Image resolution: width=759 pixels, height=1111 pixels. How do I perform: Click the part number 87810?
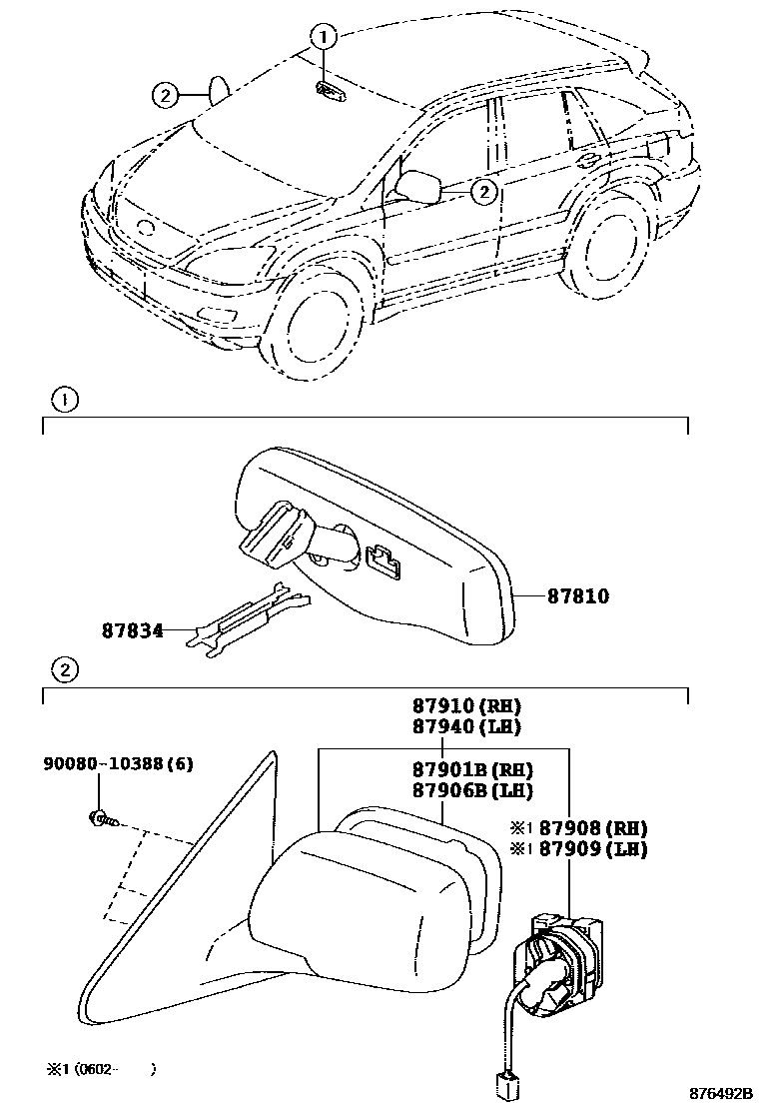click(x=577, y=596)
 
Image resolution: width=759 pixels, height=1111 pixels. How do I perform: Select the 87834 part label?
click(x=132, y=630)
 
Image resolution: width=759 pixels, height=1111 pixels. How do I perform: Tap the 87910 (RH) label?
click(x=467, y=706)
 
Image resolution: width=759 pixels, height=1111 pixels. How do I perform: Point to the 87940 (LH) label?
click(x=467, y=726)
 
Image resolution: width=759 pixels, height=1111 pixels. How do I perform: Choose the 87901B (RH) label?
click(x=471, y=769)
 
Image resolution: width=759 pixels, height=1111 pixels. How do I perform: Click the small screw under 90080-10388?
click(x=101, y=819)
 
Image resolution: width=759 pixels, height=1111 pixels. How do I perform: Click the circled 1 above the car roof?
click(x=323, y=38)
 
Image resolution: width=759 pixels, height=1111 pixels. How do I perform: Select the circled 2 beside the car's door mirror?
click(x=483, y=190)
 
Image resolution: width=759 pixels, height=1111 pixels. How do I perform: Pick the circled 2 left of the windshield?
click(x=166, y=96)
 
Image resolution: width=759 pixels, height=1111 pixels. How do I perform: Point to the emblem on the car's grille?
click(x=147, y=228)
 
